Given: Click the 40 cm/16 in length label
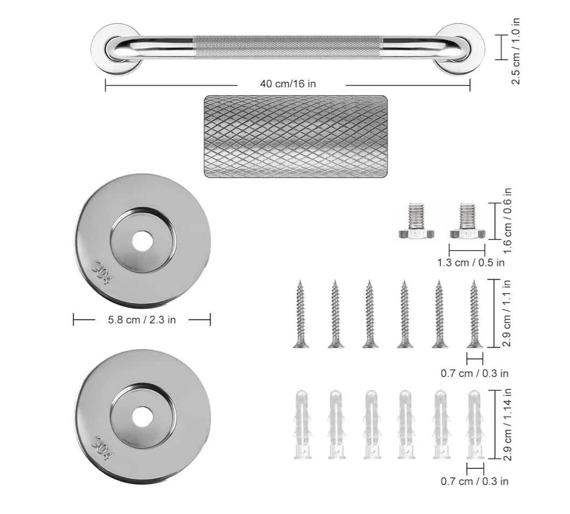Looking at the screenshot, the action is pyautogui.click(x=288, y=84).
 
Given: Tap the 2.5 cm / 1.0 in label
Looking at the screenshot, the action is pyautogui.click(x=516, y=51).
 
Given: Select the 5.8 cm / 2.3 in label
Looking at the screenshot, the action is pyautogui.click(x=142, y=320).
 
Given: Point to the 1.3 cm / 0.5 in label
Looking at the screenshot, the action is pyautogui.click(x=471, y=262).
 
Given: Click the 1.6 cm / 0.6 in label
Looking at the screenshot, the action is pyautogui.click(x=508, y=221).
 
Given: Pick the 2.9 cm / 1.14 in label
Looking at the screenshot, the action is pyautogui.click(x=508, y=425).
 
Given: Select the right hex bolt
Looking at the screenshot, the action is pyautogui.click(x=467, y=221).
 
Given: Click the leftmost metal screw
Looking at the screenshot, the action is pyautogui.click(x=301, y=314).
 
